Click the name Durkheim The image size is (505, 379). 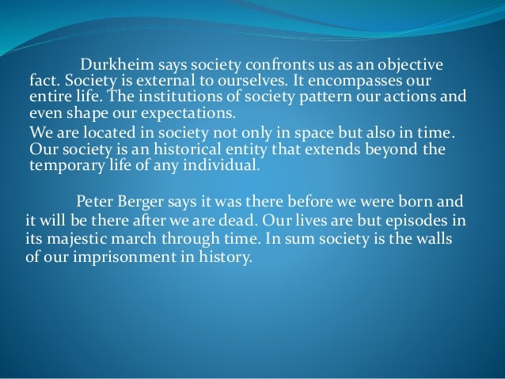(x=112, y=64)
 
